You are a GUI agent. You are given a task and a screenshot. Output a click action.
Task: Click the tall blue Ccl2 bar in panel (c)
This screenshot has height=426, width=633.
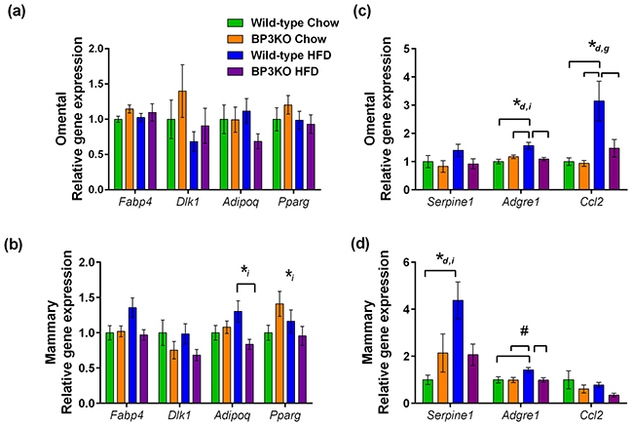coord(573,133)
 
